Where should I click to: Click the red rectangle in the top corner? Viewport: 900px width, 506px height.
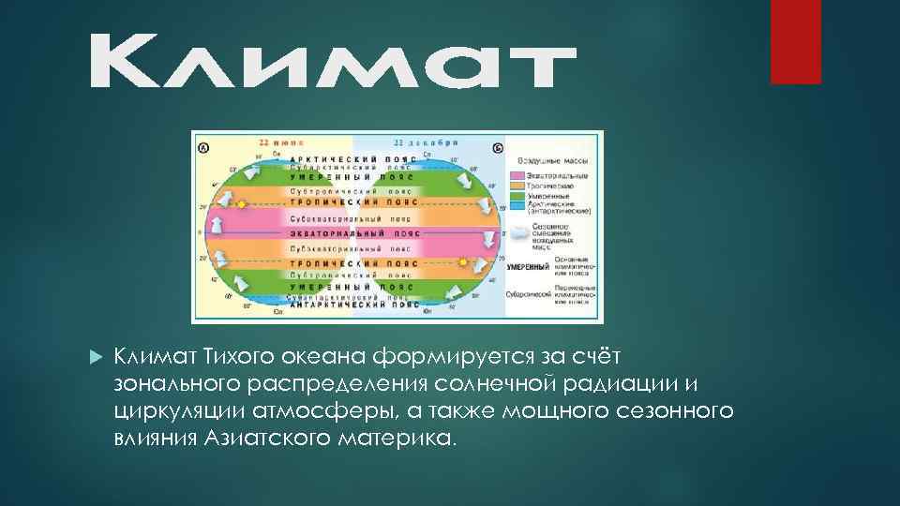tap(795, 41)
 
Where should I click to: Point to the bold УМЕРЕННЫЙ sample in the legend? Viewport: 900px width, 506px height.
tap(528, 267)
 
